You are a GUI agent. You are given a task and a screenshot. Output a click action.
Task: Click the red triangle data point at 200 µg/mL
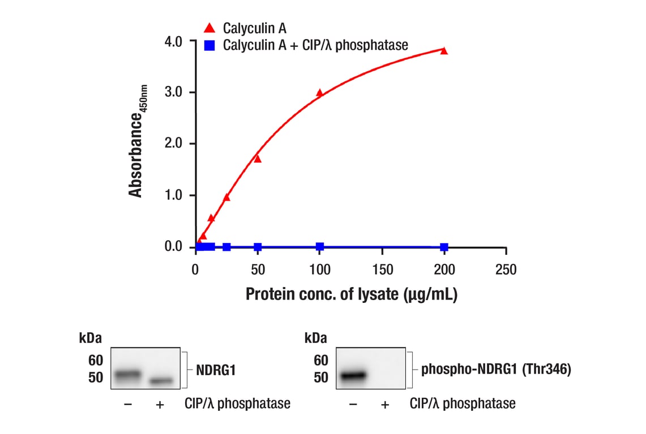pyautogui.click(x=444, y=51)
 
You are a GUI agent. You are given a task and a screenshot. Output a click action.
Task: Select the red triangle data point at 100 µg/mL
pyautogui.click(x=320, y=93)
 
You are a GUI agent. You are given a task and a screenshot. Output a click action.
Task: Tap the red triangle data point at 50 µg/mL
pyautogui.click(x=258, y=159)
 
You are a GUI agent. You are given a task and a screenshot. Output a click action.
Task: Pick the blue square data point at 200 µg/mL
pyautogui.click(x=444, y=247)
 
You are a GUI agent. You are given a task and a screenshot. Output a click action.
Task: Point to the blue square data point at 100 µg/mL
pyautogui.click(x=320, y=246)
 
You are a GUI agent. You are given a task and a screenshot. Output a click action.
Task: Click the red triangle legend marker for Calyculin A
pyautogui.click(x=209, y=28)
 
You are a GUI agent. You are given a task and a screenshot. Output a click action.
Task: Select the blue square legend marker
pyautogui.click(x=209, y=45)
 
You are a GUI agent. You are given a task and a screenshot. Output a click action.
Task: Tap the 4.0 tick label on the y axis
pyautogui.click(x=173, y=41)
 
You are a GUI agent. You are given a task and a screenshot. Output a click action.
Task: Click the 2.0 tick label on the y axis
pyautogui.click(x=173, y=144)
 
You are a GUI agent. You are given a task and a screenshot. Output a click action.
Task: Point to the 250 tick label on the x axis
pyautogui.click(x=506, y=270)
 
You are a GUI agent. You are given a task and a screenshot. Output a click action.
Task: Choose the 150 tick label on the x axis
pyautogui.click(x=382, y=270)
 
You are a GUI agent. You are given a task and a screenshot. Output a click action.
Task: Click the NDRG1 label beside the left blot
pyautogui.click(x=216, y=371)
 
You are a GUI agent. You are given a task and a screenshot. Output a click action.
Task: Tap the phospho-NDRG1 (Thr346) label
pyautogui.click(x=495, y=371)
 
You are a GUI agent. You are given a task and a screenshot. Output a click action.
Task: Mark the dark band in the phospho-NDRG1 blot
pyautogui.click(x=352, y=374)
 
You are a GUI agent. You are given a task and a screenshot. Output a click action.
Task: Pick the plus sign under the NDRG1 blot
pyautogui.click(x=160, y=404)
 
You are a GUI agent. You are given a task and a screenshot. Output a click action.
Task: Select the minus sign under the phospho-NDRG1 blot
pyautogui.click(x=353, y=404)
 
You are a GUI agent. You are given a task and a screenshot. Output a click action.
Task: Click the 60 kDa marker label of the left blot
pyautogui.click(x=96, y=361)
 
